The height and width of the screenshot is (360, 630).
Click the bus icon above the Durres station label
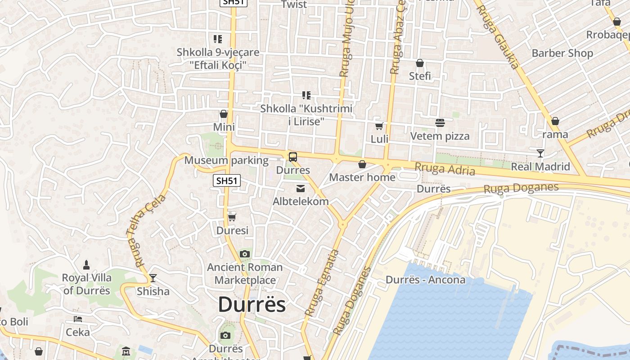coord(293,157)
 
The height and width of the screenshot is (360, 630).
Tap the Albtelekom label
coord(301,201)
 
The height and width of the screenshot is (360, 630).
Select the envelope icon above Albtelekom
coord(301,189)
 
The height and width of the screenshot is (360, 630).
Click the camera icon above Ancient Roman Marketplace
coord(245,254)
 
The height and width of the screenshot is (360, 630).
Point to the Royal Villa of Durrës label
coord(87,284)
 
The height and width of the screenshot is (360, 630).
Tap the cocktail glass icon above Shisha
coord(153,278)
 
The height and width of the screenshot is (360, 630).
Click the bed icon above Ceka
coord(78,319)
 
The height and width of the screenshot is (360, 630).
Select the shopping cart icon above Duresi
coord(232,218)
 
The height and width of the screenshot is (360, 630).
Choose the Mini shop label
coord(224,127)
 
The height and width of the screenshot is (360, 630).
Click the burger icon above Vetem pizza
coord(440,122)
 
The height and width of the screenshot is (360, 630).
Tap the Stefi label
coord(420,76)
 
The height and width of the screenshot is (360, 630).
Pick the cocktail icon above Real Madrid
coord(540,153)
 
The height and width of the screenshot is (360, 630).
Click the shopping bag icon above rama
coord(555,121)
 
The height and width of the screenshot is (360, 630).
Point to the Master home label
coord(362,177)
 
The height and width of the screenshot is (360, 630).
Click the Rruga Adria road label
coord(445,169)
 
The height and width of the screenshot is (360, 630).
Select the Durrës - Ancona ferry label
coord(426,280)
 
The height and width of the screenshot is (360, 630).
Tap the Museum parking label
coord(226,160)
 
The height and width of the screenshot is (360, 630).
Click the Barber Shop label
coord(562,53)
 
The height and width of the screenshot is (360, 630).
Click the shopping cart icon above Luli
coord(379,126)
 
